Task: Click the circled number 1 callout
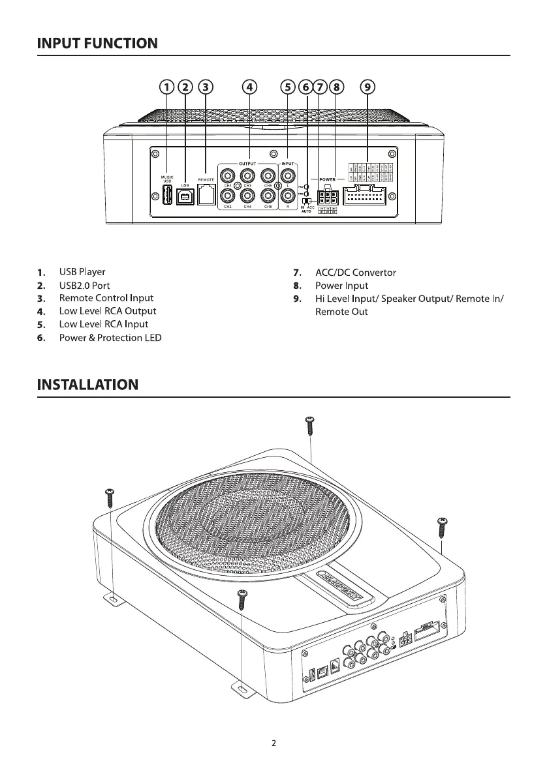[x=168, y=87]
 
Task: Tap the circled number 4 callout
[x=250, y=87]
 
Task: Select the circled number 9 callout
[x=367, y=87]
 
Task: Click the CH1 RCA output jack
[x=228, y=175]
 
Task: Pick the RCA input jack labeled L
[x=289, y=175]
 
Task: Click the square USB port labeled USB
[x=185, y=196]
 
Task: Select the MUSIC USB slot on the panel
[x=166, y=194]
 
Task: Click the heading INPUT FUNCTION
[x=97, y=44]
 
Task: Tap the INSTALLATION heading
[x=87, y=384]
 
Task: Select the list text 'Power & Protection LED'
[x=110, y=338]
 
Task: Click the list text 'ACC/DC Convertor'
[x=355, y=273]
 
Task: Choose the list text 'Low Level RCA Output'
[x=108, y=311]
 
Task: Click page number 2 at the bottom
[x=274, y=743]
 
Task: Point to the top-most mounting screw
[x=310, y=426]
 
